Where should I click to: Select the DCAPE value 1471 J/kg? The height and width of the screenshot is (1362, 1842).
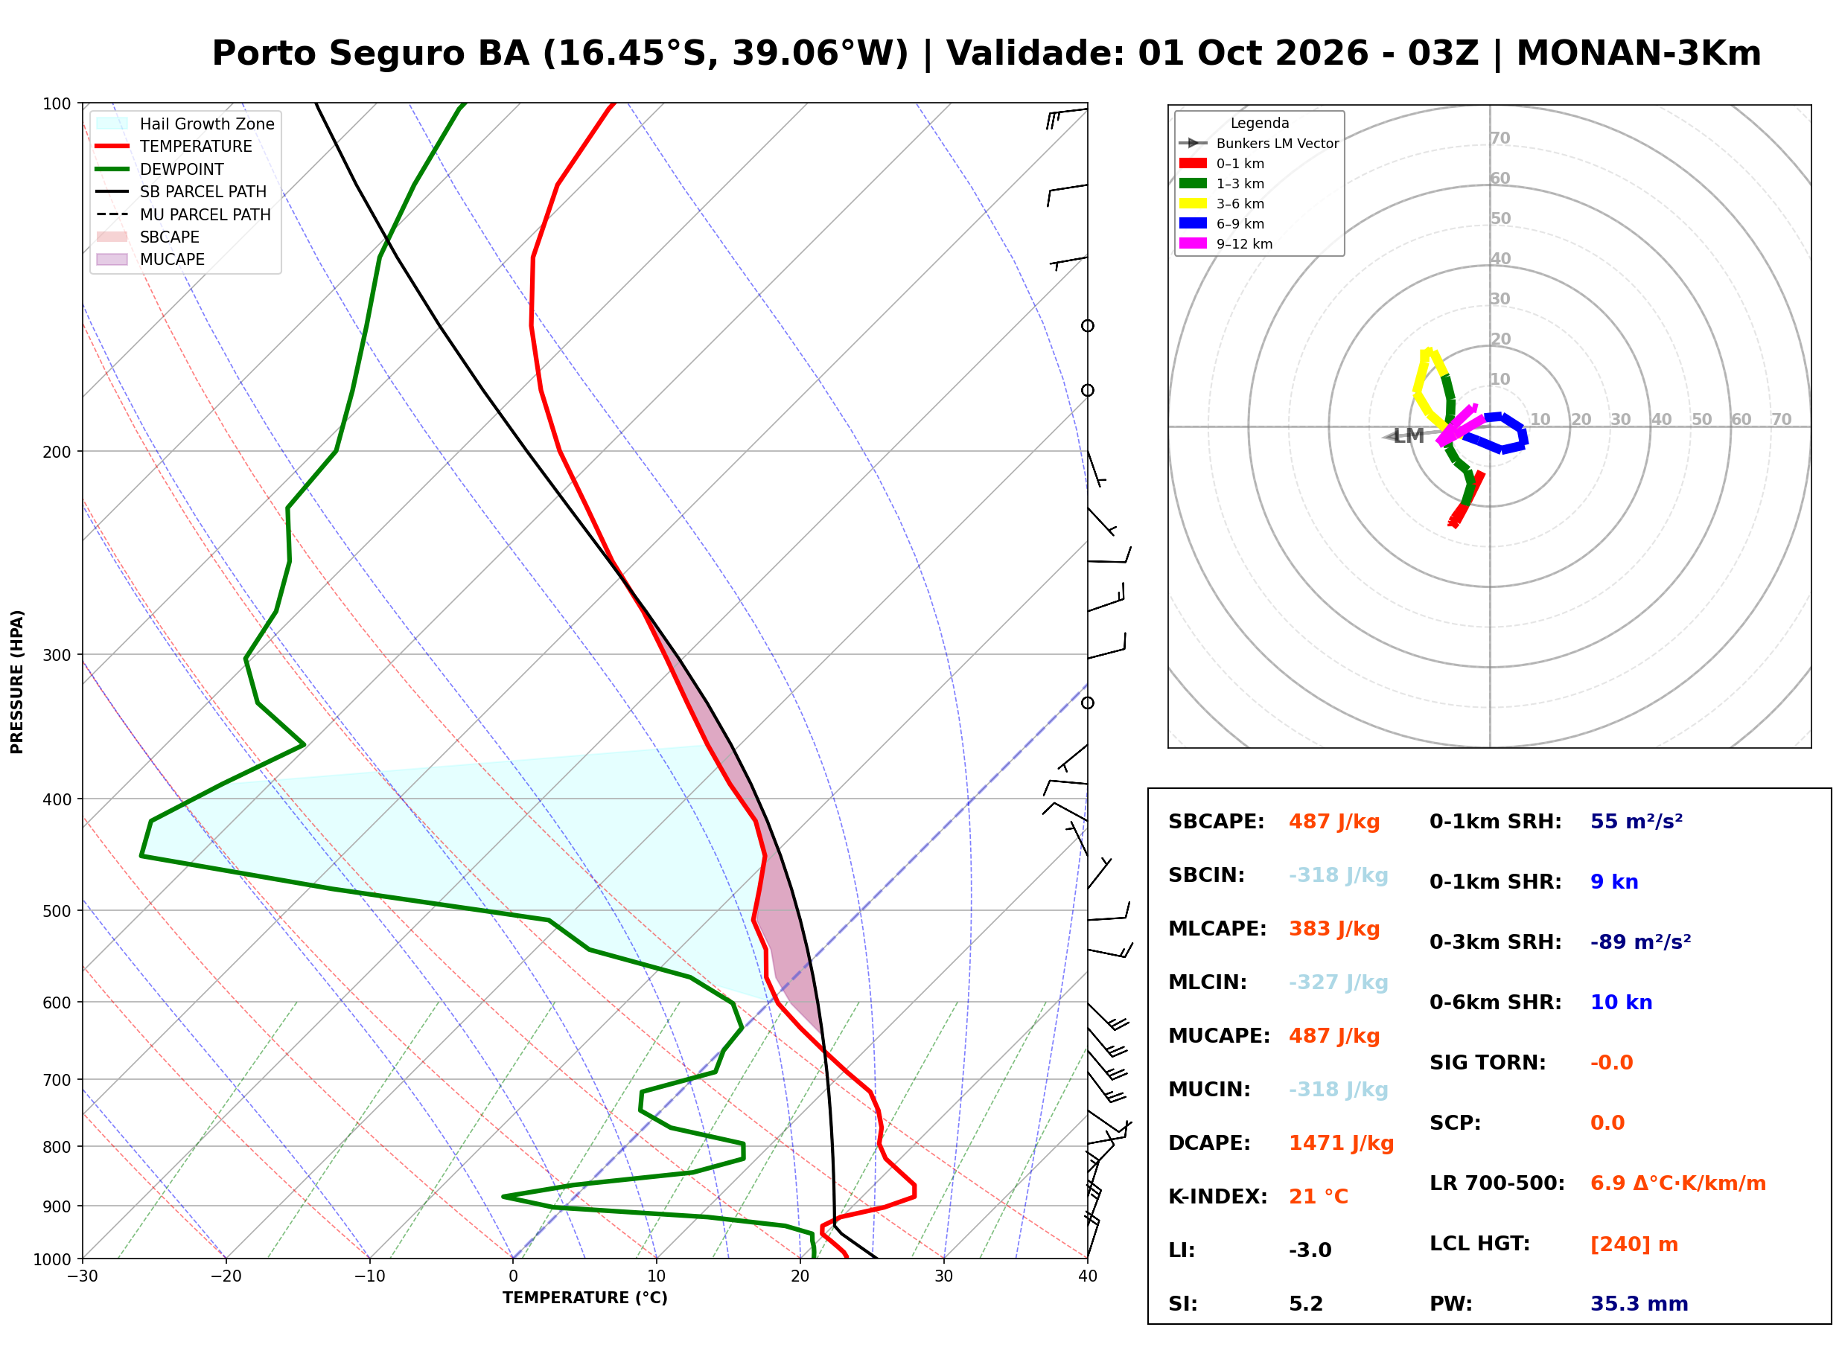point(1341,1143)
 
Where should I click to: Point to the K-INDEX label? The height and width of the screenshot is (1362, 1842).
point(1218,1197)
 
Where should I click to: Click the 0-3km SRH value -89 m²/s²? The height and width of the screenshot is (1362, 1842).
point(1640,942)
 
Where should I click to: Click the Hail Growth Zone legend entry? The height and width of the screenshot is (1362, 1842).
point(185,124)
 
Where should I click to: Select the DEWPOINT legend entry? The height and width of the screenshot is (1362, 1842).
point(160,169)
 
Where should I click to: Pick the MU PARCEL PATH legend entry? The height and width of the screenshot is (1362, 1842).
point(183,214)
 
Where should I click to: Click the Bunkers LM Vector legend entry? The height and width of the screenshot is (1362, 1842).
point(1258,144)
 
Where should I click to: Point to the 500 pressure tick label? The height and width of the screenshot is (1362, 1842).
point(57,911)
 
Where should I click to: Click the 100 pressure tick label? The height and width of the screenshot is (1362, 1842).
point(57,104)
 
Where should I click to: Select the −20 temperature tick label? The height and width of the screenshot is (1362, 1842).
point(226,1277)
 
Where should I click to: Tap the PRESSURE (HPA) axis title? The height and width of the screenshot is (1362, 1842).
point(17,682)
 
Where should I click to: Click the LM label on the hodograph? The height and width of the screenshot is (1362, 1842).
point(1408,436)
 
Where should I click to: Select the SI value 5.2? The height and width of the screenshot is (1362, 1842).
point(1306,1304)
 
